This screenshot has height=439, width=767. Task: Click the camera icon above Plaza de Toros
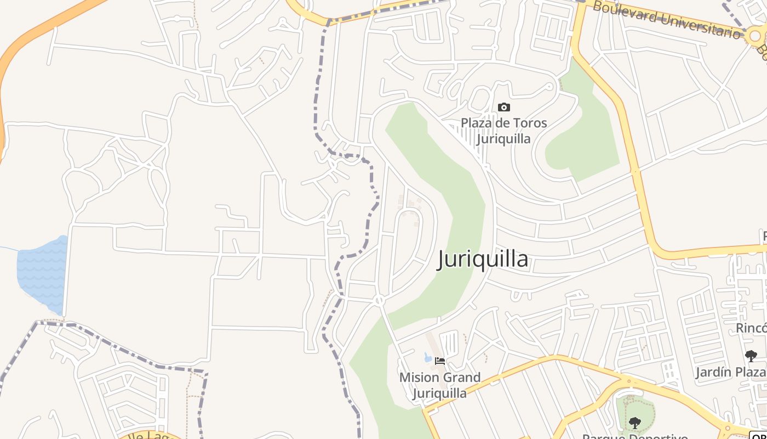tap(503, 108)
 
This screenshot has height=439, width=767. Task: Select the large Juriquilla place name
tap(483, 259)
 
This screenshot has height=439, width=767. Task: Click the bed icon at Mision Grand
tap(439, 361)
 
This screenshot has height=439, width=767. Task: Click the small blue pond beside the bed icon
tap(428, 358)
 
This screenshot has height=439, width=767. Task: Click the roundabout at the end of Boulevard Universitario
tap(755, 36)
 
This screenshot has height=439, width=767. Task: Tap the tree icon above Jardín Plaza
tap(751, 356)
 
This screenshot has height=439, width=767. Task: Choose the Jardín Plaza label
tap(731, 373)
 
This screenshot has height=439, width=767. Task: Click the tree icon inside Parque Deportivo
tap(635, 423)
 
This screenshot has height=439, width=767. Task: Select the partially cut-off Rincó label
tap(751, 328)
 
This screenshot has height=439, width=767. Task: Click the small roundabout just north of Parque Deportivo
tap(628, 380)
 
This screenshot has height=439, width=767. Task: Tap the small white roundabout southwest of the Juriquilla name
tap(379, 300)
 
